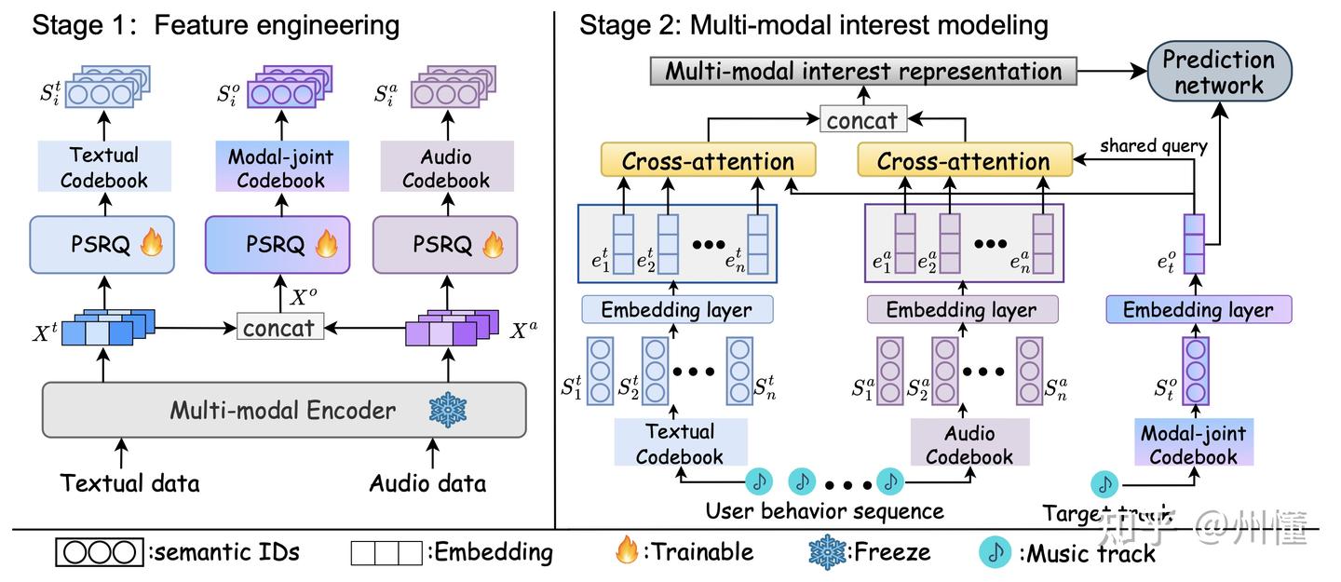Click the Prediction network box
[1218, 73]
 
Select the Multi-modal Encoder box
[284, 410]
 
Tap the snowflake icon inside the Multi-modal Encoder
[448, 410]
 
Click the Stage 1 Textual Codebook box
[103, 168]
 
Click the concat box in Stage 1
[278, 327]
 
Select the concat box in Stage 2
[861, 119]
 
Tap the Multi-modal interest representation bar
[862, 72]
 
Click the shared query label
[1153, 146]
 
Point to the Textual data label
[129, 483]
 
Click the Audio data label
[427, 483]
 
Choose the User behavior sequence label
[824, 511]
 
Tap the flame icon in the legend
[627, 551]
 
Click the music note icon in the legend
[996, 551]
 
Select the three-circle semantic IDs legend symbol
[99, 552]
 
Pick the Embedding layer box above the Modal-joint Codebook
[1198, 310]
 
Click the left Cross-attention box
[708, 160]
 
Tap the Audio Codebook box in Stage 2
[969, 443]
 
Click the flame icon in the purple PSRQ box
[492, 245]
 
